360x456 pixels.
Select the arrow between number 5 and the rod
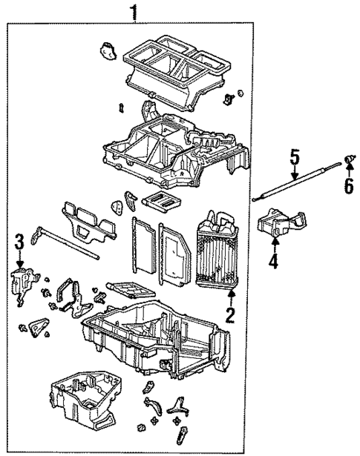[295, 174]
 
